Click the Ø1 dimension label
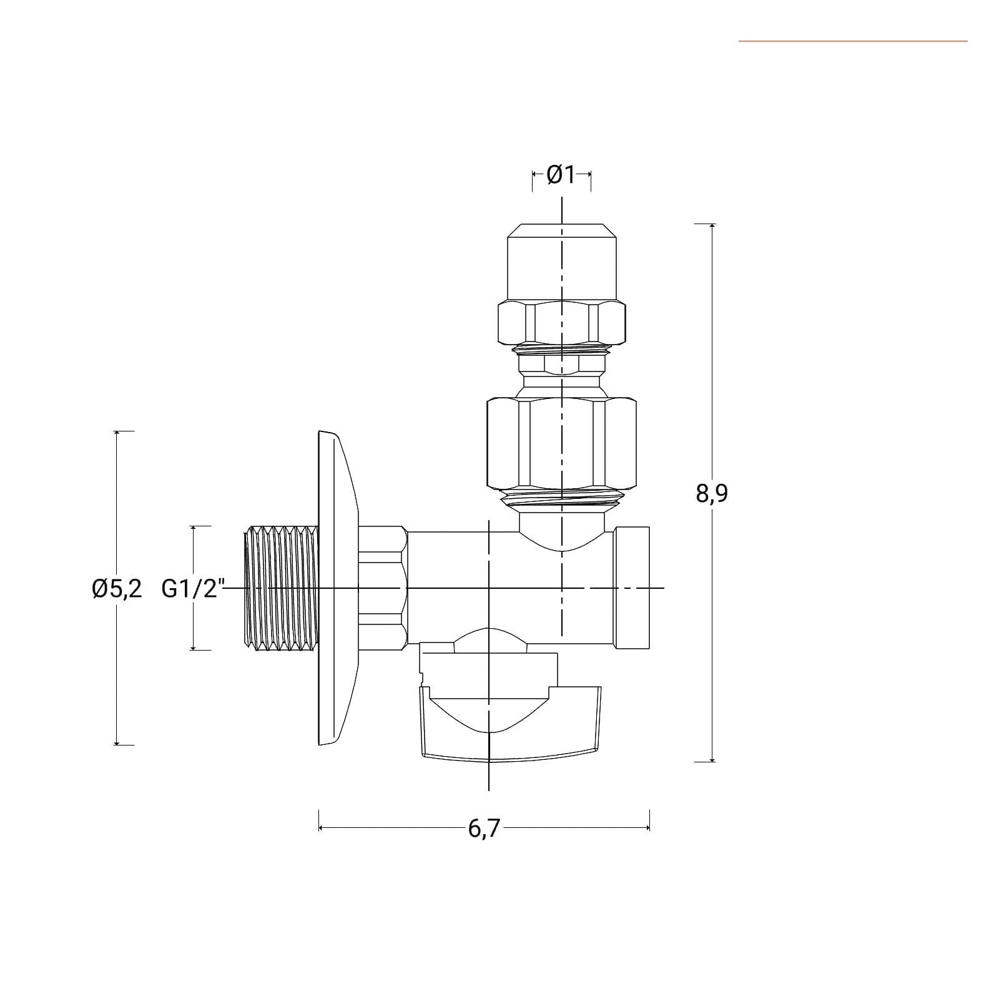point(561,175)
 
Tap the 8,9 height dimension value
point(712,493)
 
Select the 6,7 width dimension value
point(484,829)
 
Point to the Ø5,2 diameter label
point(117,589)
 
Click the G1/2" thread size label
point(192,589)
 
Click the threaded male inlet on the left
point(283,588)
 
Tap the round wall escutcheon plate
point(338,588)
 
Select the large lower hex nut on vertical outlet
point(562,443)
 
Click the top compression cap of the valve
point(562,262)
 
